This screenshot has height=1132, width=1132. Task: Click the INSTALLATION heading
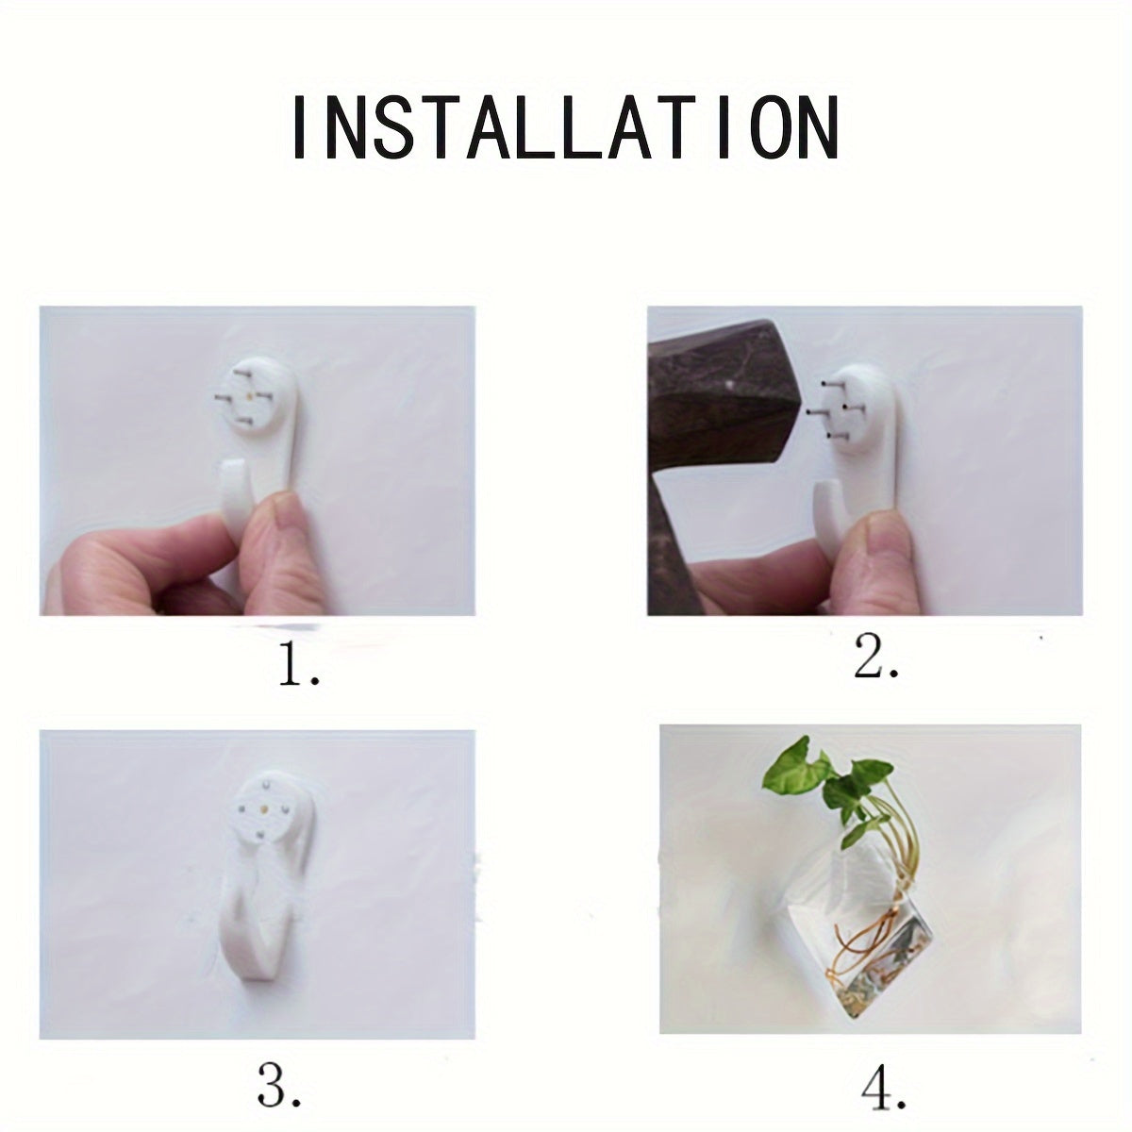pyautogui.click(x=564, y=126)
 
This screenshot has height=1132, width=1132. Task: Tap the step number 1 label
pyautogui.click(x=298, y=666)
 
